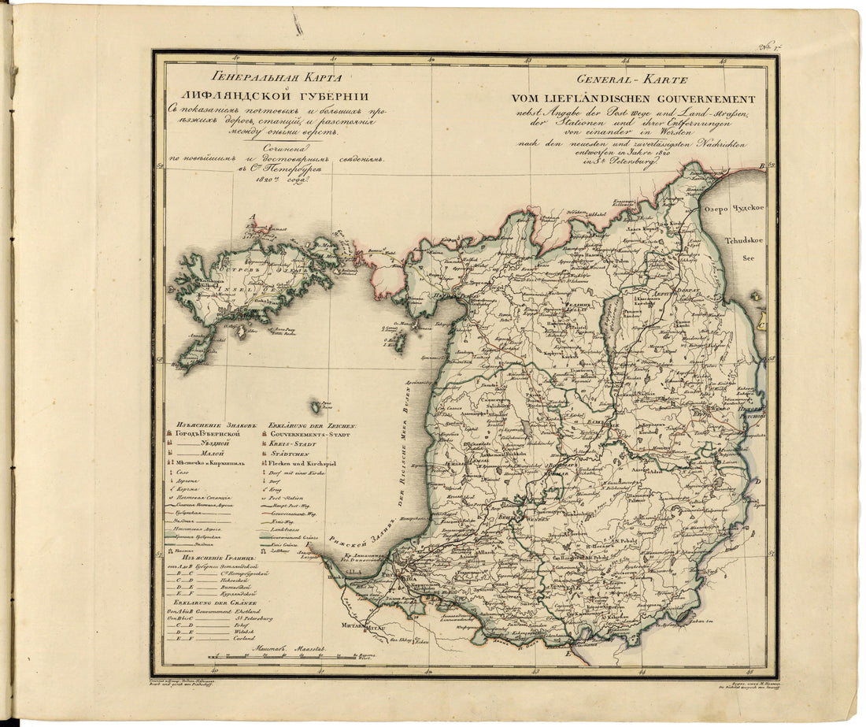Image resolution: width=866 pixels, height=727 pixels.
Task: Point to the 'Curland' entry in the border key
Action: pyautogui.click(x=245, y=639)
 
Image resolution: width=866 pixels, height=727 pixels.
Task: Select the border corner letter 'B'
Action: pyautogui.click(x=761, y=166)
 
